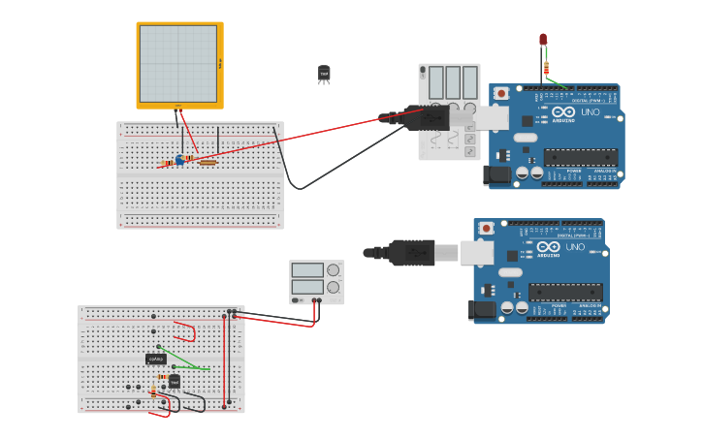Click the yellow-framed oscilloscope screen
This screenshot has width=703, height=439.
click(178, 64)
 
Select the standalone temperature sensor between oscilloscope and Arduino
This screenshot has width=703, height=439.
click(324, 74)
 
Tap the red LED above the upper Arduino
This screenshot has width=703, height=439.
click(543, 40)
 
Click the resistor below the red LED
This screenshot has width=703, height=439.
click(547, 69)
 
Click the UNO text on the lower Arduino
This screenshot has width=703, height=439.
click(575, 247)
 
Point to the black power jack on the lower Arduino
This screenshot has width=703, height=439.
click(484, 310)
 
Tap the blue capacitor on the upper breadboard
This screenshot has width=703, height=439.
click(179, 160)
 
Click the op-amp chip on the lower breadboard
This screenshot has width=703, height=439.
click(156, 359)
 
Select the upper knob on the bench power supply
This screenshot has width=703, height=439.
click(334, 270)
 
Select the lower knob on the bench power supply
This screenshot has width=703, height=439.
click(334, 287)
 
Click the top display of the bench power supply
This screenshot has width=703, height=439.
click(307, 270)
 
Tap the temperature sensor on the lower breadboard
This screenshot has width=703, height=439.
click(175, 381)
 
